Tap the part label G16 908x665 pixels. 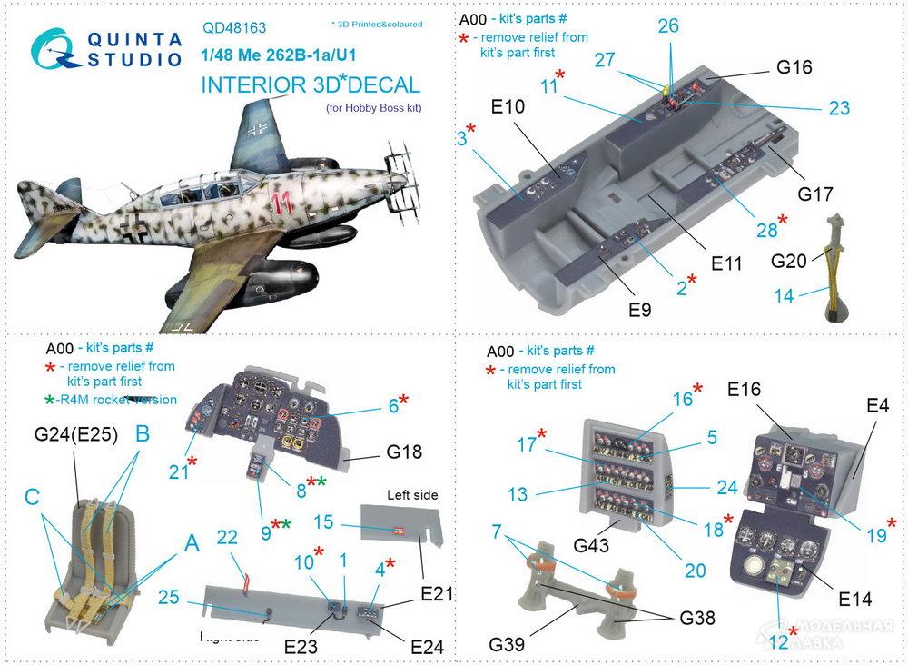(794, 68)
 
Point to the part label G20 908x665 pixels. (790, 262)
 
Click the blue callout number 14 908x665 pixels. (783, 294)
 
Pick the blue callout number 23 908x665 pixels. (838, 108)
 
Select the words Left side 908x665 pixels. (412, 495)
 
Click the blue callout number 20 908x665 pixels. (695, 570)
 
